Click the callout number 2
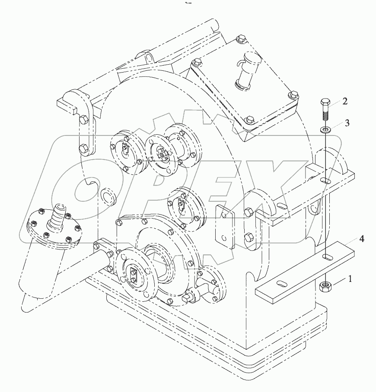pyautogui.click(x=344, y=101)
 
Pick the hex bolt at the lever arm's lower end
pyautogui.click(x=84, y=150)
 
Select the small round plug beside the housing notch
pyautogui.click(x=108, y=196)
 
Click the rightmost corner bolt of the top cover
pyautogui.click(x=292, y=95)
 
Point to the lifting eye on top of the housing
pyautogui.click(x=147, y=56)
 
